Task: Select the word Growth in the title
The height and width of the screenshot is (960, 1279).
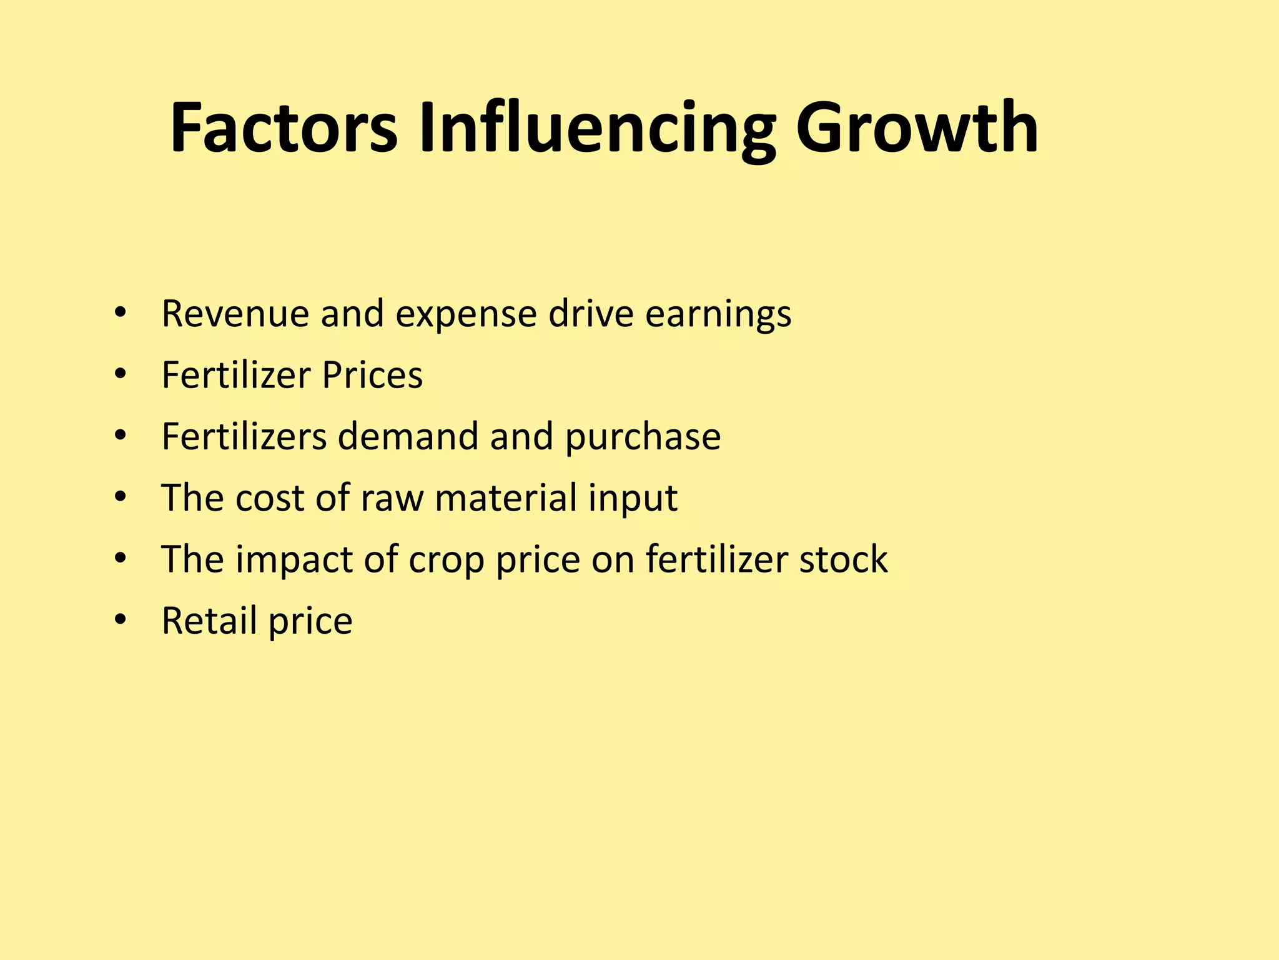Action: tap(917, 128)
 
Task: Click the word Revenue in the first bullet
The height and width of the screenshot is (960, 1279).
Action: tap(235, 313)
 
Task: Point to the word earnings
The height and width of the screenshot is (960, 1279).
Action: tap(718, 314)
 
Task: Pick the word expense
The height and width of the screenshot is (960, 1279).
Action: tap(466, 314)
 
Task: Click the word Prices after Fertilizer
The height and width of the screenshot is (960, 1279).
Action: tap(372, 375)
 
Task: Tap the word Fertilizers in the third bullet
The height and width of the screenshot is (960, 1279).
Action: tap(244, 436)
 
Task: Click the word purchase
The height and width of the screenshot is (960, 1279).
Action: tap(643, 437)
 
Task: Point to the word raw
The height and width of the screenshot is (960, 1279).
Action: tap(392, 498)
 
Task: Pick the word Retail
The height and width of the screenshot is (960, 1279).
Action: tap(209, 621)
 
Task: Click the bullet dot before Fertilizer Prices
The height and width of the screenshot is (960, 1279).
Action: tap(121, 375)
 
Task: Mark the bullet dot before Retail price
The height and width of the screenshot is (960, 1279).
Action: tap(121, 621)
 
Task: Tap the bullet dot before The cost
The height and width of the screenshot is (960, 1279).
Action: tap(121, 498)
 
